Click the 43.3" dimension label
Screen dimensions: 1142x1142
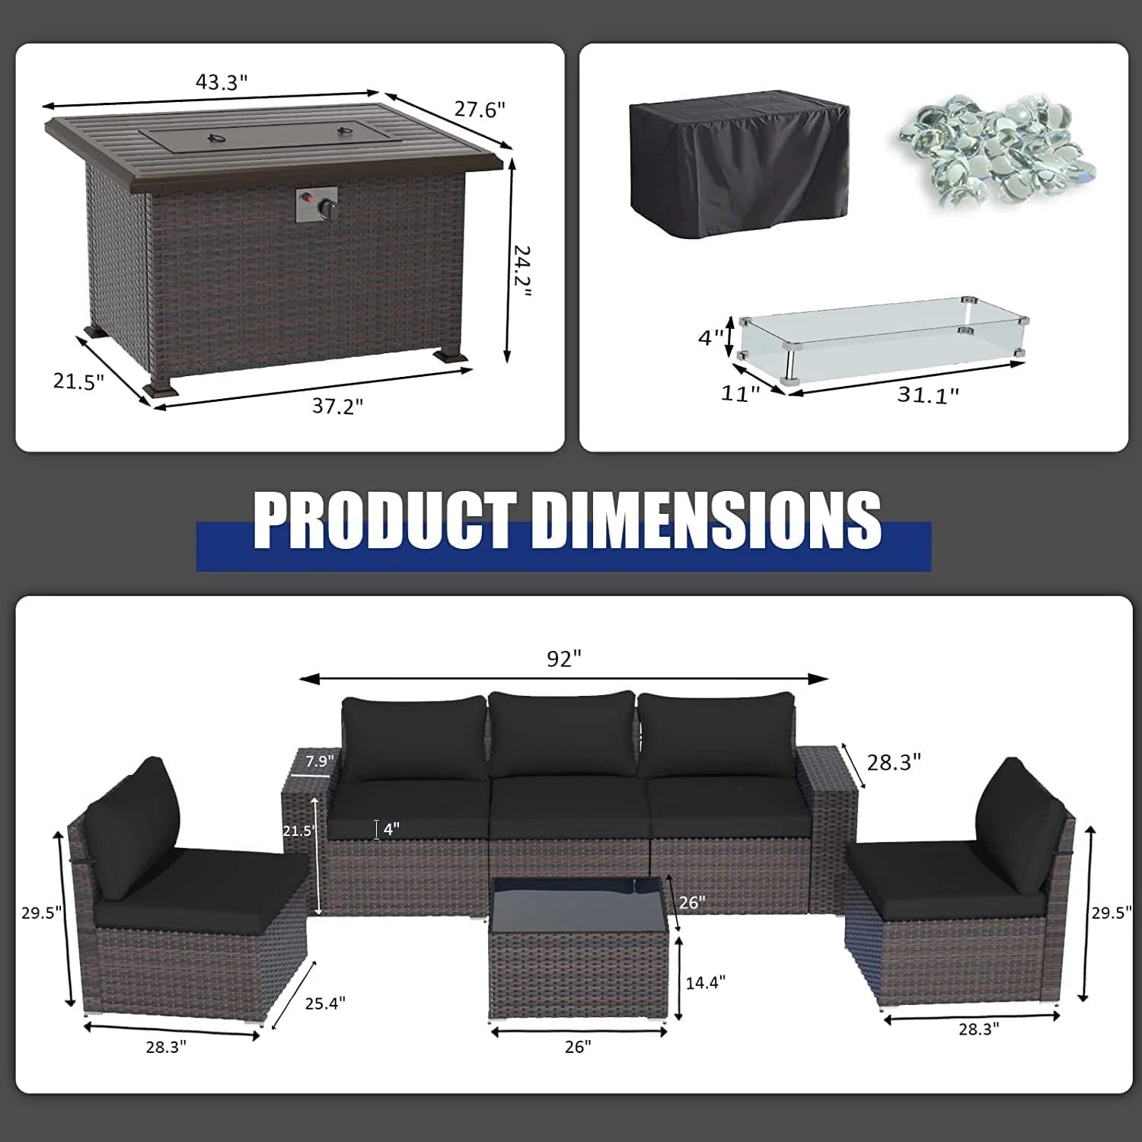click(x=222, y=82)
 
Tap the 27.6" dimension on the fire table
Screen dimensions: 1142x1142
click(x=480, y=110)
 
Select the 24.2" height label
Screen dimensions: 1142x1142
click(x=521, y=271)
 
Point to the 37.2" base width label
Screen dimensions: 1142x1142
click(x=337, y=406)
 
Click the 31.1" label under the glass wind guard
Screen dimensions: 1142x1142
click(x=927, y=394)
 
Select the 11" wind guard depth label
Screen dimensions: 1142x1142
click(x=740, y=394)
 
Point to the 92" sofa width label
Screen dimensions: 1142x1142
click(x=564, y=659)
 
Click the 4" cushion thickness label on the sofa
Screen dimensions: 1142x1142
click(x=391, y=829)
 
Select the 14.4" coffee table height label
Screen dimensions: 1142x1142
click(x=705, y=982)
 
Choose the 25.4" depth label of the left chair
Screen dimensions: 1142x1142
click(x=325, y=1003)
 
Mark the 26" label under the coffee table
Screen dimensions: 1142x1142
click(x=578, y=1047)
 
